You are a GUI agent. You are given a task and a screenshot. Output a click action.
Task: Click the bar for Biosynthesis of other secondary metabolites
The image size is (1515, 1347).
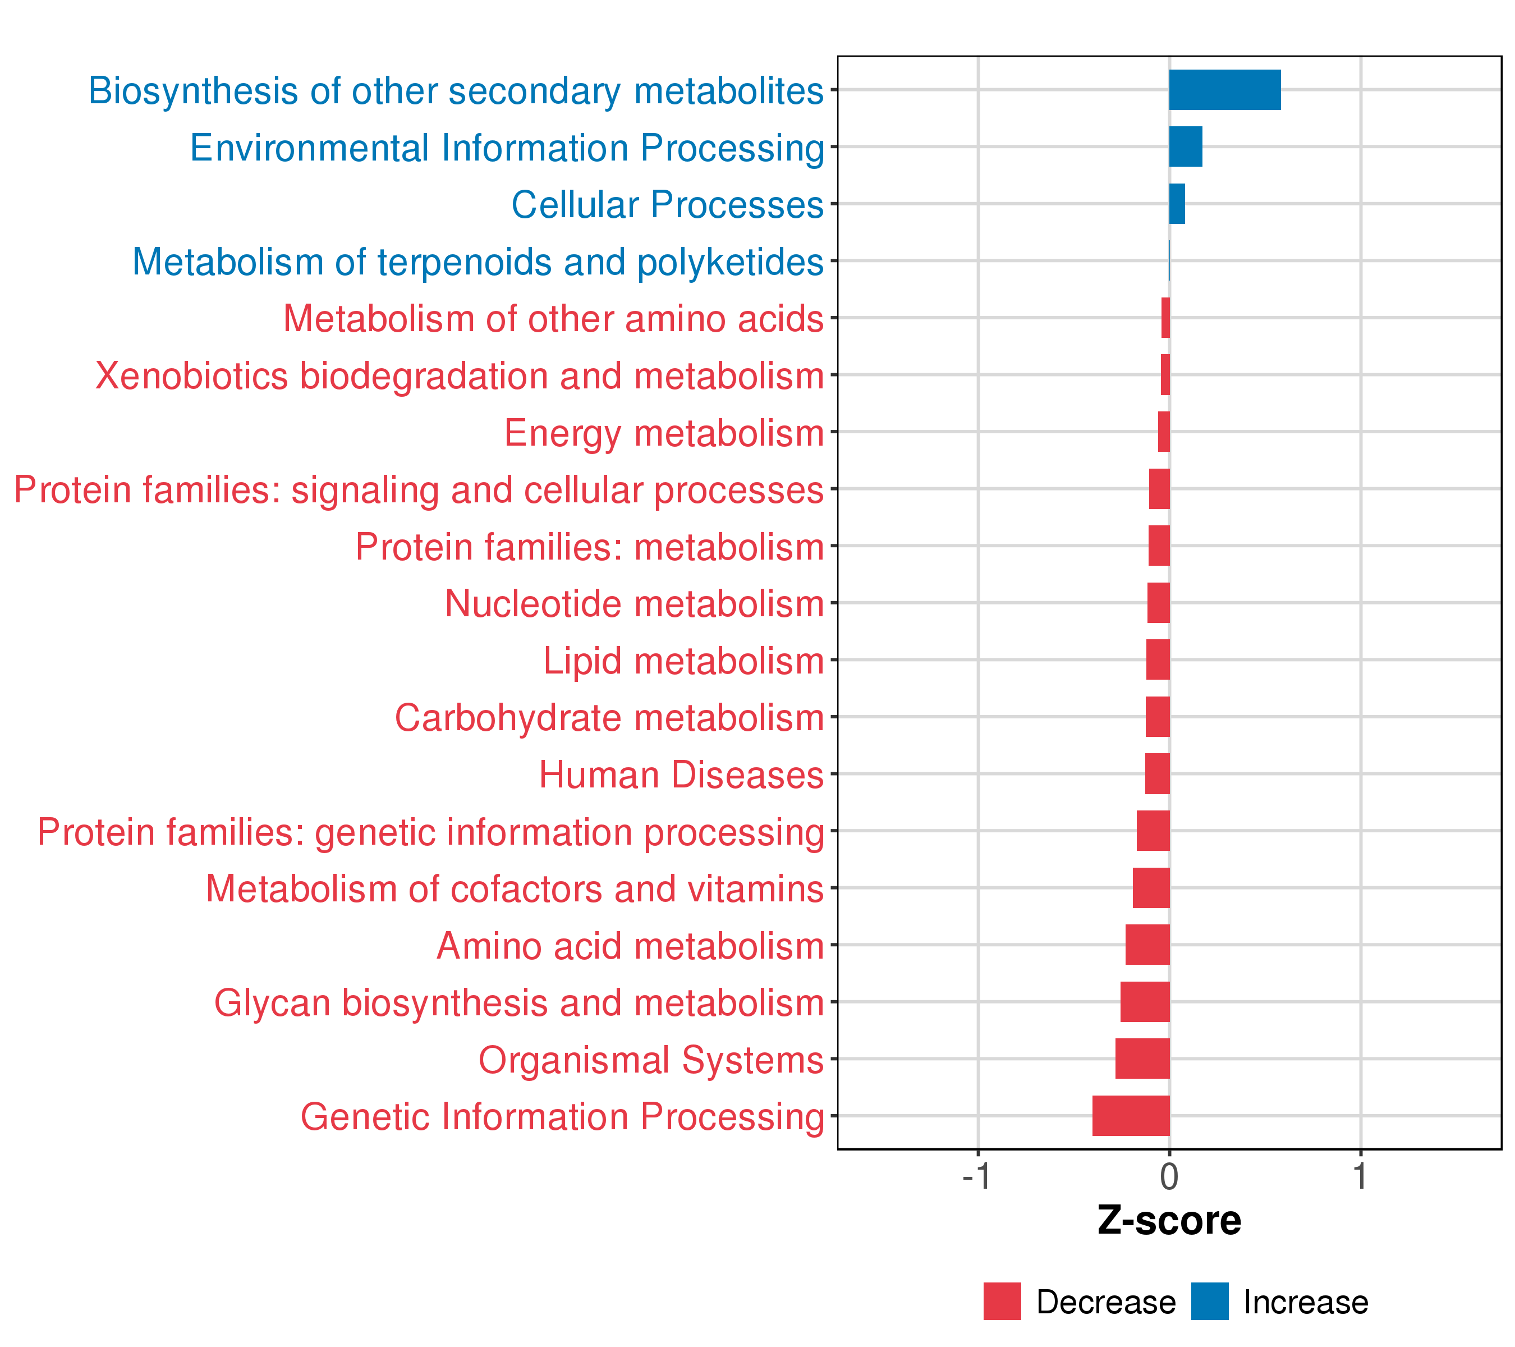coord(1224,90)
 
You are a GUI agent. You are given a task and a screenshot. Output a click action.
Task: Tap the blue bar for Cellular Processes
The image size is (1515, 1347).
coord(1177,204)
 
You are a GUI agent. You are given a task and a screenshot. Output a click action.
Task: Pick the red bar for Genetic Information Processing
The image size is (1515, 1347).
coord(1131,1116)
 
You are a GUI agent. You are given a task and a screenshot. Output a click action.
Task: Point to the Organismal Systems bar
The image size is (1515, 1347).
coord(1142,1059)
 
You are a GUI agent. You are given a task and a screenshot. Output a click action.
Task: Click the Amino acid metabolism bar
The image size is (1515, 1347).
coord(1147,945)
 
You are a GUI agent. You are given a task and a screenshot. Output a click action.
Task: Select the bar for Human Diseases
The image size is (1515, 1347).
coord(1157,774)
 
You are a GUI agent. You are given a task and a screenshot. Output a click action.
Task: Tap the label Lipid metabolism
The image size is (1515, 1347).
coord(683,661)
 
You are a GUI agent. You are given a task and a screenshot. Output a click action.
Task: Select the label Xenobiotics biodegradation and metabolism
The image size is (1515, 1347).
coord(460,377)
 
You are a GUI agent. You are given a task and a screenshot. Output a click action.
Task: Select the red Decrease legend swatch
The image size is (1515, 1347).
coord(1002,1302)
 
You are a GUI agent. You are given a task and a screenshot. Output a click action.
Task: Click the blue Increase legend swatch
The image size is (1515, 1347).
coord(1210,1302)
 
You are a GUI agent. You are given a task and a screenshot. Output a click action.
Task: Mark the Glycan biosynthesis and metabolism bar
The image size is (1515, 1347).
coord(1145,1001)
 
